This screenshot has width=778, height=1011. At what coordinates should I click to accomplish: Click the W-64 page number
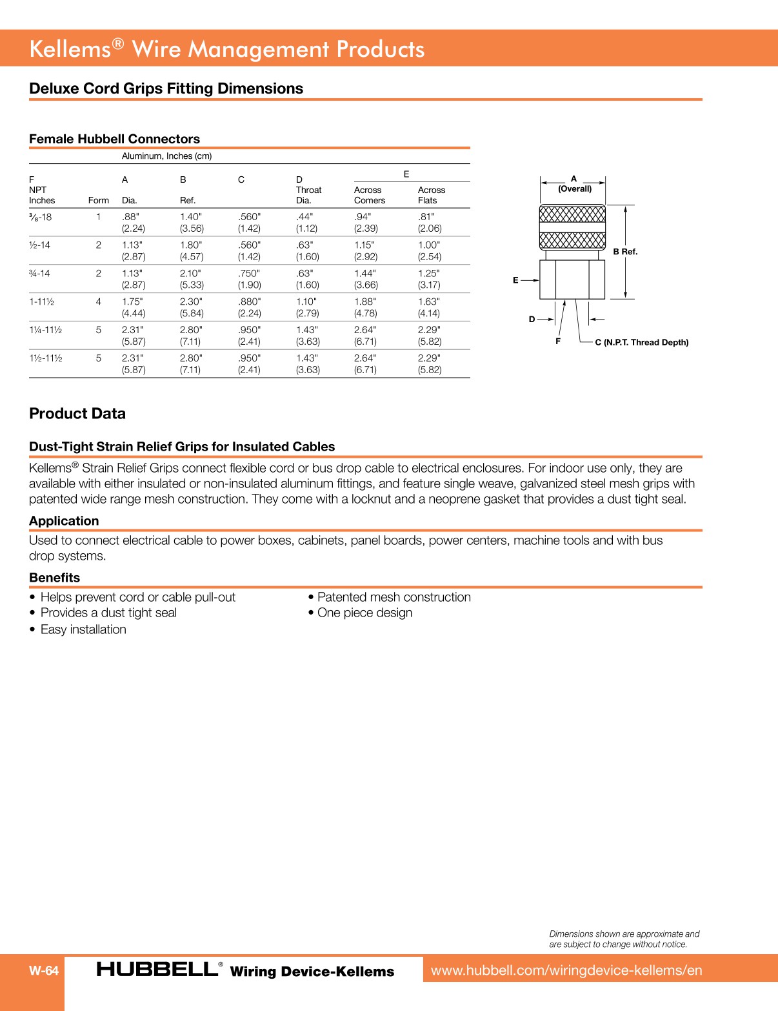click(44, 970)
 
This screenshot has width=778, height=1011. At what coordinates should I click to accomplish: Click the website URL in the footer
click(566, 970)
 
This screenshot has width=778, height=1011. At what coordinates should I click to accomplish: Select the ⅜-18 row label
click(41, 218)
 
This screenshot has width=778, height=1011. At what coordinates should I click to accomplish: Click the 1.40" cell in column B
click(190, 217)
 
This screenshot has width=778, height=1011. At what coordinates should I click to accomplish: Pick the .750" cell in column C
click(249, 274)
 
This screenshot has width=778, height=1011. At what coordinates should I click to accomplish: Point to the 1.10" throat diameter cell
click(307, 301)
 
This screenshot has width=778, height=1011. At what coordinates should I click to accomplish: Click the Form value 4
click(99, 301)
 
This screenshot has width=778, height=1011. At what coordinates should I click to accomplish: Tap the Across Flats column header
click(431, 195)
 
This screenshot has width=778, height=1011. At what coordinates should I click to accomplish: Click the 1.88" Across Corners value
click(365, 301)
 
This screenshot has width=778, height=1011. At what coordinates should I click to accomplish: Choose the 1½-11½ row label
click(46, 358)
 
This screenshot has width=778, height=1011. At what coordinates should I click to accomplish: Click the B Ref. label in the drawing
click(625, 252)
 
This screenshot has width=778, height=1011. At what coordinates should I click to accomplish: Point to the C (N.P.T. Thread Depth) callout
click(641, 342)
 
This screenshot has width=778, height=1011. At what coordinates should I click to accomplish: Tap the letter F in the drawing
click(558, 341)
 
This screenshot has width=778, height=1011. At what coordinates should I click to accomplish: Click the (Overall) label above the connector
click(574, 189)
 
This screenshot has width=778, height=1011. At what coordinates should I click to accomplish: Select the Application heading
click(64, 521)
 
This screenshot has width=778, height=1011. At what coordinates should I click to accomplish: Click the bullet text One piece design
click(364, 613)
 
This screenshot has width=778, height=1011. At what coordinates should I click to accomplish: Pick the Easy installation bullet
click(83, 629)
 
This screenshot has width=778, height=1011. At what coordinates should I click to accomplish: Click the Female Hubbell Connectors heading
click(114, 139)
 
